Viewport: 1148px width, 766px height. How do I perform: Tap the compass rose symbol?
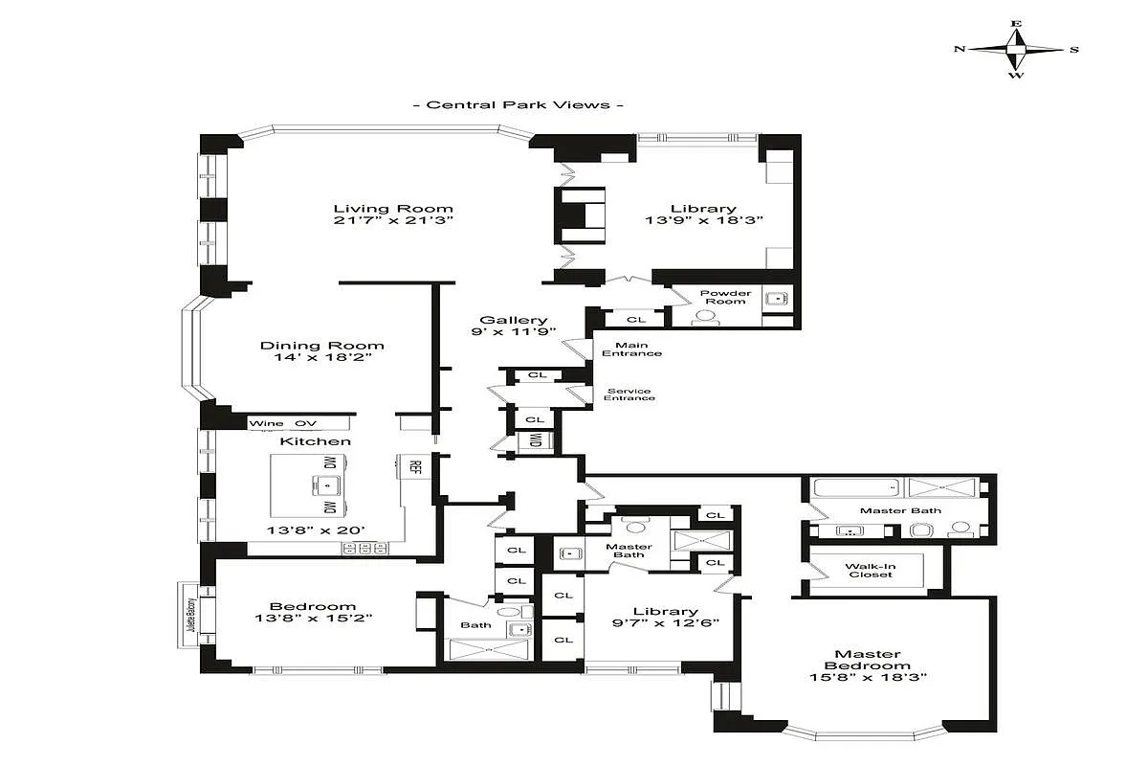[x=1016, y=49]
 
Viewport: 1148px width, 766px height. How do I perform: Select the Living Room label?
[x=392, y=209]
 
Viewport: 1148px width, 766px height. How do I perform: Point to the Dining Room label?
[x=322, y=346]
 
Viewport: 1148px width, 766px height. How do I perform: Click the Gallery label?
[x=514, y=321]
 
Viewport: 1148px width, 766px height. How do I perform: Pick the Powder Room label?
[x=725, y=297]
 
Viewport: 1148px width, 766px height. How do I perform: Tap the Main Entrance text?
[x=631, y=349]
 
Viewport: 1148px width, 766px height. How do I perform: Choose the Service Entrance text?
[x=629, y=394]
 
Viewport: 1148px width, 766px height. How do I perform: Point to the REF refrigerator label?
[x=415, y=467]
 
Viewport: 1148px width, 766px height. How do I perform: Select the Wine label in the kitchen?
[x=262, y=423]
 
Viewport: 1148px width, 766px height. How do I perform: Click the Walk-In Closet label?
[x=870, y=570]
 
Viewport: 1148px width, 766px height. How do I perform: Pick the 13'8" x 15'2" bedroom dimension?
[x=313, y=619]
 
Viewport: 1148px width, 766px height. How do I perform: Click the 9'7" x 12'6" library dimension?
[x=666, y=624]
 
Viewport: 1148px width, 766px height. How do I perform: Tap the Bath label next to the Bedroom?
[x=475, y=625]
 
